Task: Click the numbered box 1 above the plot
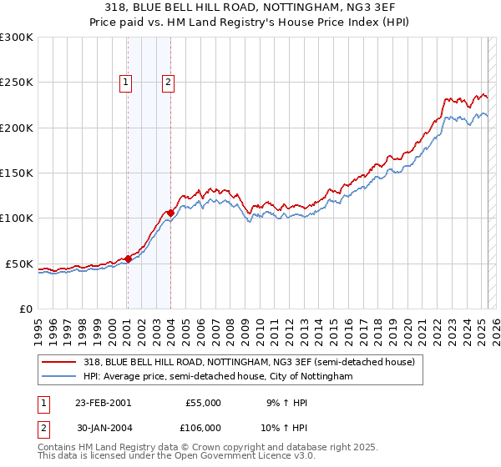click(x=125, y=82)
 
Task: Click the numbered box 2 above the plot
click(x=168, y=82)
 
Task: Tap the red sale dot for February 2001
click(x=128, y=259)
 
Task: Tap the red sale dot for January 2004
click(x=170, y=213)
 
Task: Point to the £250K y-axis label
click(x=17, y=83)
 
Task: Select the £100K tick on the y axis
click(x=17, y=218)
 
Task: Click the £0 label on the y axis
click(x=26, y=309)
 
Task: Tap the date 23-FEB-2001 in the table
click(x=103, y=403)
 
